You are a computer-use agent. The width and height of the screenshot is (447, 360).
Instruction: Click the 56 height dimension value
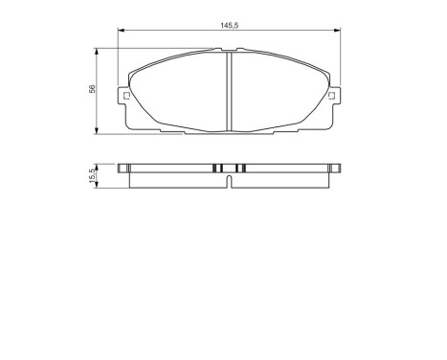tap(92, 90)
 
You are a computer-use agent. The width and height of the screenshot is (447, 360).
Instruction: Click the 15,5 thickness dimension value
tap(92, 176)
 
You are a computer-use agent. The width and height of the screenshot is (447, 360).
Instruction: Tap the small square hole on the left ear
tap(125, 95)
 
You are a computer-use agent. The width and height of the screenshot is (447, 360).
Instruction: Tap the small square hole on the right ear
tap(331, 95)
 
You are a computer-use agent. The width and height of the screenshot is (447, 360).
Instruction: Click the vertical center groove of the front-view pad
tap(229, 93)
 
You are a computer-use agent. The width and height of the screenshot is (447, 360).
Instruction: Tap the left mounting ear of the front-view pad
tap(124, 96)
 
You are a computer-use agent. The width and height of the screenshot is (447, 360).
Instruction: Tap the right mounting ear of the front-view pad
tap(332, 96)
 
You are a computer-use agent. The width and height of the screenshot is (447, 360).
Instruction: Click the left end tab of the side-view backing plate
tap(123, 169)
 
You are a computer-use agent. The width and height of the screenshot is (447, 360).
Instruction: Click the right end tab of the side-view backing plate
tap(334, 169)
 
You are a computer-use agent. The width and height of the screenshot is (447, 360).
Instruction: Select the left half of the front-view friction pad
tap(178, 93)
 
